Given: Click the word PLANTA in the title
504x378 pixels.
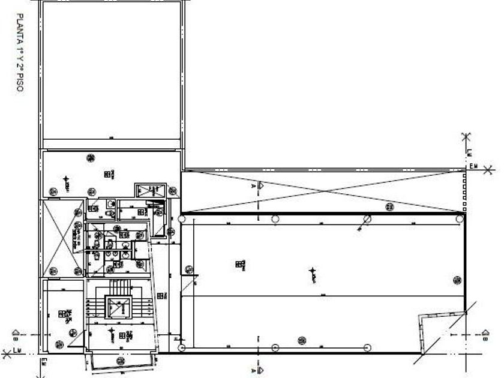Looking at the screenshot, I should point(20,26).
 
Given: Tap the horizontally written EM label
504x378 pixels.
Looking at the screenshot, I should point(473,166).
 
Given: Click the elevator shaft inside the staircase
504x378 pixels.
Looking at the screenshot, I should point(118,308).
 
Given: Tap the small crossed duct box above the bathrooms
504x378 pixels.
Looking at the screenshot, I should point(149,191).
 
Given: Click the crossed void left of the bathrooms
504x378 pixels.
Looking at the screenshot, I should point(63,239).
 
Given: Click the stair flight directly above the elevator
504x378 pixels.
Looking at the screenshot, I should point(118,285).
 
